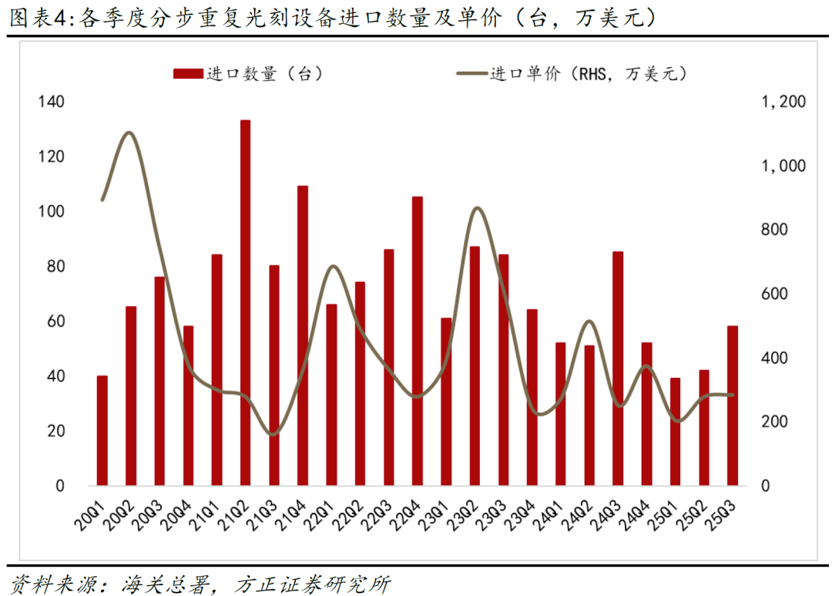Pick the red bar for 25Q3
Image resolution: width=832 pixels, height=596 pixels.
(732, 406)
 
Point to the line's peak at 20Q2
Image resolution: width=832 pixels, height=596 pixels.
(129, 133)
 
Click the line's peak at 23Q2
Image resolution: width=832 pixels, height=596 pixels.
(477, 208)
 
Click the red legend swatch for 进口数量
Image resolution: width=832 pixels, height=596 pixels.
(187, 73)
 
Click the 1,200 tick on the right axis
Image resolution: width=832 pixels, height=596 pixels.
(783, 102)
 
